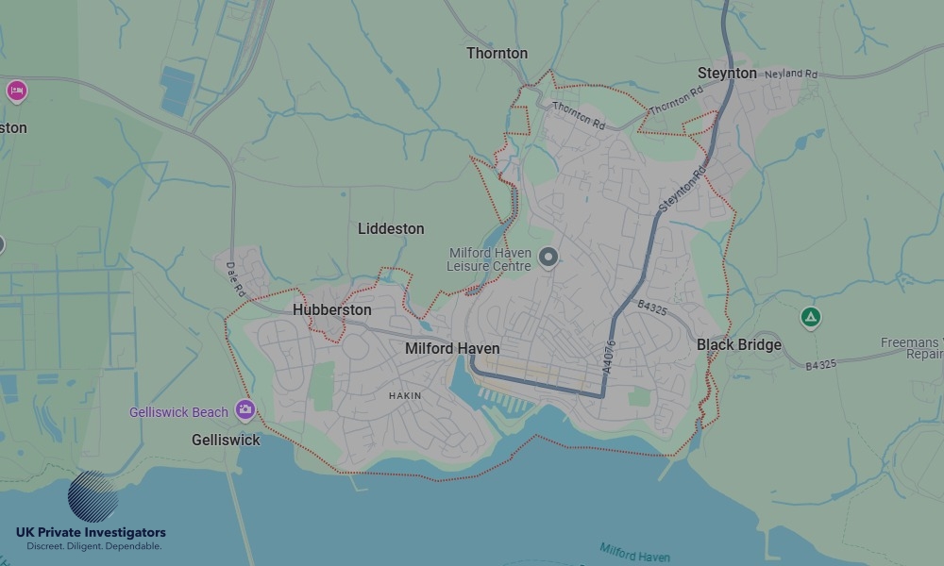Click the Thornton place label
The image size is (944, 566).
497,54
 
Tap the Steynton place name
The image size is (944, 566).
727,74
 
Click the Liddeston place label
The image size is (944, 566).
391,229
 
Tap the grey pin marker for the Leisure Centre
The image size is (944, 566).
548,257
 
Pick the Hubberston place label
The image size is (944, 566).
331,310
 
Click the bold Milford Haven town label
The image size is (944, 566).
452,349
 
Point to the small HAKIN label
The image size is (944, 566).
405,396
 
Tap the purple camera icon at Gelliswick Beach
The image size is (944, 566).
245,409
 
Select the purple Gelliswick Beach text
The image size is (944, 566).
178,412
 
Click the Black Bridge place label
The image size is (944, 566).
738,345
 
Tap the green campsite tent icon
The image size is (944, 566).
809,317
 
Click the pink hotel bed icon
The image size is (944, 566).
16,92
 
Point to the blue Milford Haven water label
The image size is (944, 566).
636,552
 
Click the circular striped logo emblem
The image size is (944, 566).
93,497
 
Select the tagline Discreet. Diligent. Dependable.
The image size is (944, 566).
93,546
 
